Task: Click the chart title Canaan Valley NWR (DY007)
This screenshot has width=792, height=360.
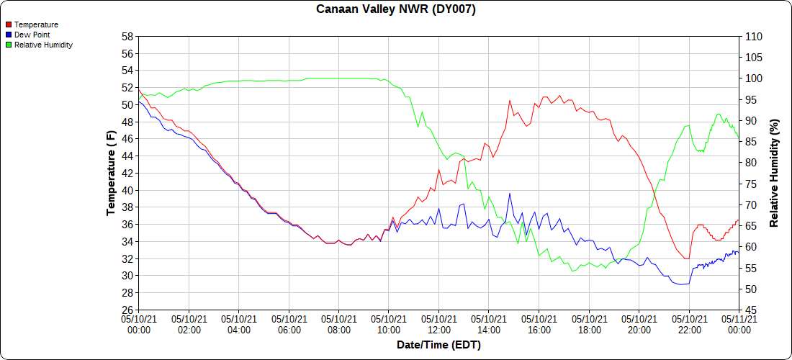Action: coord(396,9)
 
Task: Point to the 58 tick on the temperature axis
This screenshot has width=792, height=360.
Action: coord(127,37)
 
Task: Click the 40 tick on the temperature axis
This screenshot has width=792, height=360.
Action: coord(127,191)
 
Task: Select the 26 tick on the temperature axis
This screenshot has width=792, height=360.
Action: coord(127,310)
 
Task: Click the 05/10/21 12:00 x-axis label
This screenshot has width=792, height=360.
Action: coord(438,323)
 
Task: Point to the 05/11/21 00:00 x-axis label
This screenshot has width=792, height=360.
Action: coord(739,323)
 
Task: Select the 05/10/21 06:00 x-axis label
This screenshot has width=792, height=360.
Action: coord(289,323)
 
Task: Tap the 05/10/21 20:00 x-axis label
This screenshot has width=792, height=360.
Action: coord(639,323)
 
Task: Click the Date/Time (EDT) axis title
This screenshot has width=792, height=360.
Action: coord(438,345)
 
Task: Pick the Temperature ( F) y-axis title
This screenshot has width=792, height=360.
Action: coord(111,173)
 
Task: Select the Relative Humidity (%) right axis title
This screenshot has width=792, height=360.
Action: coord(774,173)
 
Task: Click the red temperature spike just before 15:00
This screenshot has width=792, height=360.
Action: coord(510,101)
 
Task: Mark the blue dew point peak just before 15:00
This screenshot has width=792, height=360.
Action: coord(510,194)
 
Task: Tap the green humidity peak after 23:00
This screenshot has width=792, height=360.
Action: coord(718,114)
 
